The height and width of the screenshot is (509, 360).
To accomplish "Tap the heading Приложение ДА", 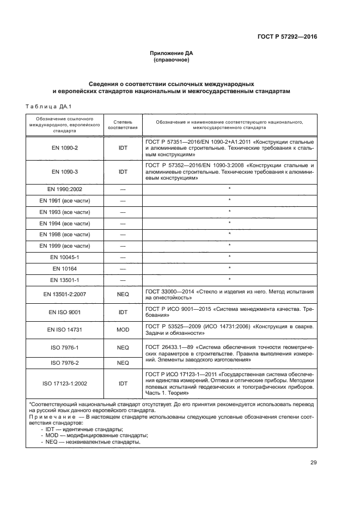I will [172, 53].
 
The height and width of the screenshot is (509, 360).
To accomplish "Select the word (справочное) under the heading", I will [172, 59].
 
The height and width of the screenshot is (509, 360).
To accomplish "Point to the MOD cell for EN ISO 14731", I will [123, 329].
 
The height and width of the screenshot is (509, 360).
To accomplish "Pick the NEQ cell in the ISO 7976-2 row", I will [123, 362].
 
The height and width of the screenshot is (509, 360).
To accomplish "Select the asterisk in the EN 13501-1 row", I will [230, 280].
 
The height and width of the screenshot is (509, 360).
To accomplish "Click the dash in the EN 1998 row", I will [123, 234].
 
